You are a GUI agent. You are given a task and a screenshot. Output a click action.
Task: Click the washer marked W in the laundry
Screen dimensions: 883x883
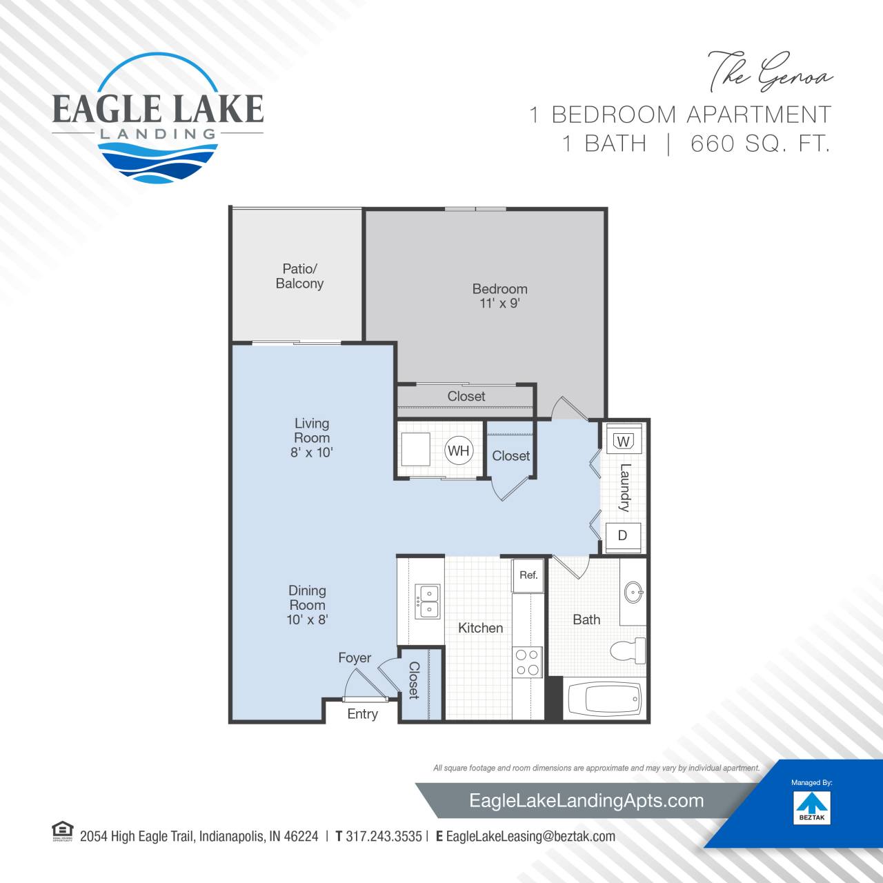pos(624,440)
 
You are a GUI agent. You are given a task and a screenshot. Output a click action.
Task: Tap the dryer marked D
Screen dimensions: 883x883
pos(623,536)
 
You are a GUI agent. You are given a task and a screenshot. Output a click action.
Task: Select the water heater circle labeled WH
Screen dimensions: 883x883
pos(459,451)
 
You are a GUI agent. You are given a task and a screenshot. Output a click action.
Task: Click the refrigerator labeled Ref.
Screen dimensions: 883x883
pos(528,575)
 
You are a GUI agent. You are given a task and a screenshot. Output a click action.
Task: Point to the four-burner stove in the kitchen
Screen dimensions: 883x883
pos(528,662)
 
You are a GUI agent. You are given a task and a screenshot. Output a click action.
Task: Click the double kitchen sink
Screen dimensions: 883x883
pos(428,601)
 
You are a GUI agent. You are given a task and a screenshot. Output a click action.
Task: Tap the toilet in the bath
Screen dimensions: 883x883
pos(627,651)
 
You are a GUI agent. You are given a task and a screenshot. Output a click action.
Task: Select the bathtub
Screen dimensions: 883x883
pos(604,699)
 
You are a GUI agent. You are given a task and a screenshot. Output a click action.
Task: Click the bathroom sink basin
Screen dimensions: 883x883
pos(634,592)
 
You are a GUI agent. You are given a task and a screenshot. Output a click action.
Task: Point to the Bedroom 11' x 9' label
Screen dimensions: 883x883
pos(499,296)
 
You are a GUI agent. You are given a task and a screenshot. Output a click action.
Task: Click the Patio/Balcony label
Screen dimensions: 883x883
pos(299,276)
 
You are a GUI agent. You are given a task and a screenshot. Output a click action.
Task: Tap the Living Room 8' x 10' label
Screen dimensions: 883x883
pos(312,437)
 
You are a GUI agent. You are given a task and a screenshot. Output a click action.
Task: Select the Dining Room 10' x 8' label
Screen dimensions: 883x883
pos(307,605)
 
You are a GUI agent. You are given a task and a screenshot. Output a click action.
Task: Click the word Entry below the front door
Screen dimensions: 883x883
pos(362,714)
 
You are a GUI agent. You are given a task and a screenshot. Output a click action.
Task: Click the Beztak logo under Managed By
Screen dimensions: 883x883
pos(812,808)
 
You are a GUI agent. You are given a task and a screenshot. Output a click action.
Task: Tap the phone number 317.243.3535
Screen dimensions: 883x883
pos(384,836)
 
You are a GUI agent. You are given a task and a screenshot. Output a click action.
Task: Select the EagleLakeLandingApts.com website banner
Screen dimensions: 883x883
pos(586,800)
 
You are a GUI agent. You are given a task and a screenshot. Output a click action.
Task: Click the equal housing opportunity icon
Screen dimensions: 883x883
pos(62,831)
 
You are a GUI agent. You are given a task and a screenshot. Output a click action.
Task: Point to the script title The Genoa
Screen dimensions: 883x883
pos(769,72)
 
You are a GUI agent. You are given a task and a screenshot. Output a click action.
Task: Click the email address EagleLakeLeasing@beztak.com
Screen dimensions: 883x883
pos(530,836)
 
